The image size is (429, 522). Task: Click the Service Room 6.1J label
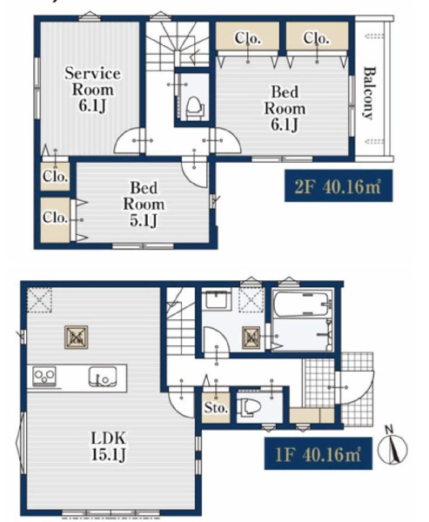point(92,90)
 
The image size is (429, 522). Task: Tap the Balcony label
point(369,93)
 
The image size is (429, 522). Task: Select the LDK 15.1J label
point(109,446)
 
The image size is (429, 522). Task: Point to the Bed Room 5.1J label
point(144,204)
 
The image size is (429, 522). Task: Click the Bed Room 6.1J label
point(285,109)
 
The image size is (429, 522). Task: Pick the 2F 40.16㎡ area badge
point(339,186)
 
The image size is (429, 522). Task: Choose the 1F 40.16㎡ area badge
point(318,453)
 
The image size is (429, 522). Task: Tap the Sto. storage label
point(216,407)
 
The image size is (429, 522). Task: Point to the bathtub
point(303,304)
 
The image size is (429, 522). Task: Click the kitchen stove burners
point(44,377)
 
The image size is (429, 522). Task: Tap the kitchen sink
point(103,377)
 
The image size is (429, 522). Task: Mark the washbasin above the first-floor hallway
point(218,300)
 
